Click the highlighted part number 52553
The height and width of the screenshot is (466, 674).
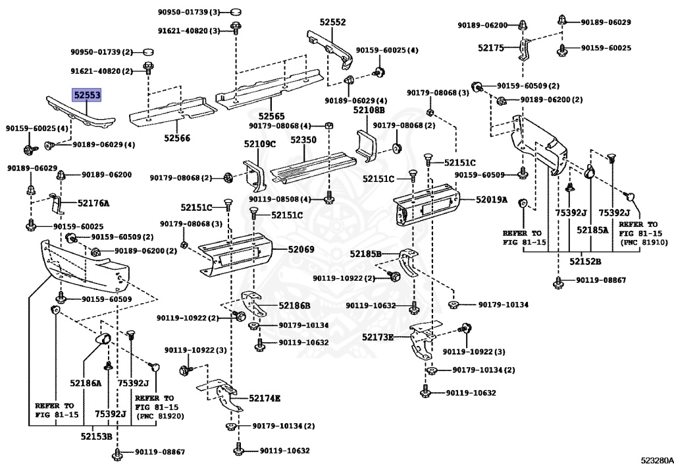(x=87, y=96)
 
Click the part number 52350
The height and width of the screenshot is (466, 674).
(x=303, y=140)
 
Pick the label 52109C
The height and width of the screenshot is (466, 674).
(x=259, y=144)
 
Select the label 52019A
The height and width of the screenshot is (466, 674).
(x=492, y=199)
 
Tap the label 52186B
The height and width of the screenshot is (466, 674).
(x=294, y=305)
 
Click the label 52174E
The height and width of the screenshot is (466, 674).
(x=265, y=398)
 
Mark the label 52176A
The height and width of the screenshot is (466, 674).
(x=93, y=203)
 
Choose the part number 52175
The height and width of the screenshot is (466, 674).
(x=490, y=47)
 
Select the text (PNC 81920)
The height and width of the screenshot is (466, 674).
(x=160, y=416)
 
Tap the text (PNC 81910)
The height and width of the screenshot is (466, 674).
(x=643, y=242)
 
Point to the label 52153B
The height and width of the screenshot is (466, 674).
(x=97, y=436)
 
